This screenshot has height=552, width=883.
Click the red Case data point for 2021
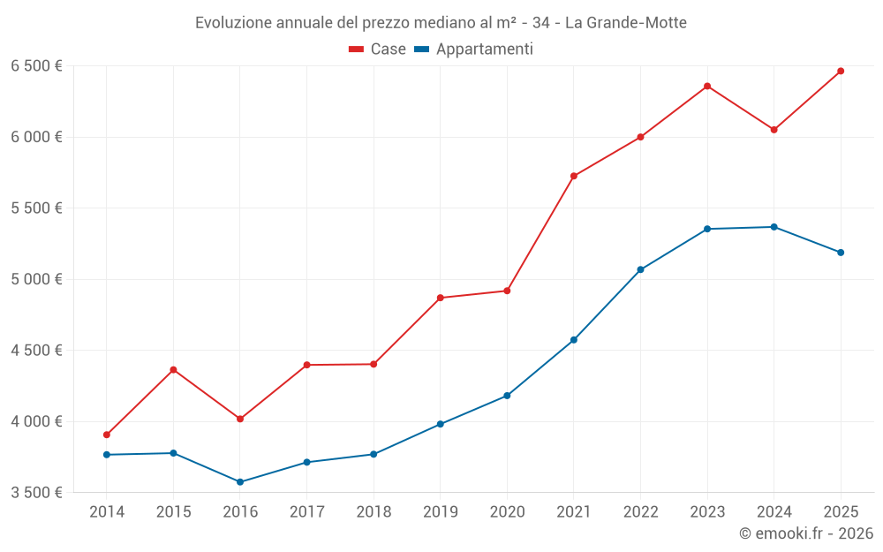click(x=574, y=176)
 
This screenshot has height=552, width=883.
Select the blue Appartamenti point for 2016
click(x=240, y=482)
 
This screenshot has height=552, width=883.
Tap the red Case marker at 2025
click(x=841, y=71)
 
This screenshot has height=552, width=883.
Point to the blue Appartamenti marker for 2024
click(x=774, y=227)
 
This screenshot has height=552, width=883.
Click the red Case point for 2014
click(x=107, y=435)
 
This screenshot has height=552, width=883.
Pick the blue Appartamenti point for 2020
click(x=507, y=396)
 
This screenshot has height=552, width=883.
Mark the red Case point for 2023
click(x=707, y=86)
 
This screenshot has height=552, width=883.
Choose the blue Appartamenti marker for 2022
click(x=640, y=269)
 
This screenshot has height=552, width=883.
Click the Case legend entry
click(x=378, y=49)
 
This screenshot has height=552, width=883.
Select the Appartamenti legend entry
click(x=474, y=49)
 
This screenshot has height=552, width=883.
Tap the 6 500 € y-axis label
click(x=36, y=66)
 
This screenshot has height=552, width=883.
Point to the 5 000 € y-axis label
click(x=36, y=279)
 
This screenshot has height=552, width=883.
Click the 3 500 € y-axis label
click(x=36, y=493)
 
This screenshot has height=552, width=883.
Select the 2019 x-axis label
click(x=440, y=512)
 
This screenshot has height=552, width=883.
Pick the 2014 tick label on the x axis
click(x=107, y=512)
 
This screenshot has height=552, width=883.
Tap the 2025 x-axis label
click(x=841, y=512)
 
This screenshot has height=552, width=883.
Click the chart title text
click(x=441, y=23)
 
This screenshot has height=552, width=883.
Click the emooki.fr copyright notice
click(x=805, y=533)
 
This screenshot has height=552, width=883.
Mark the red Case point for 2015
click(x=173, y=369)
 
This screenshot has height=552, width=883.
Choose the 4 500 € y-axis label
click(x=36, y=351)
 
